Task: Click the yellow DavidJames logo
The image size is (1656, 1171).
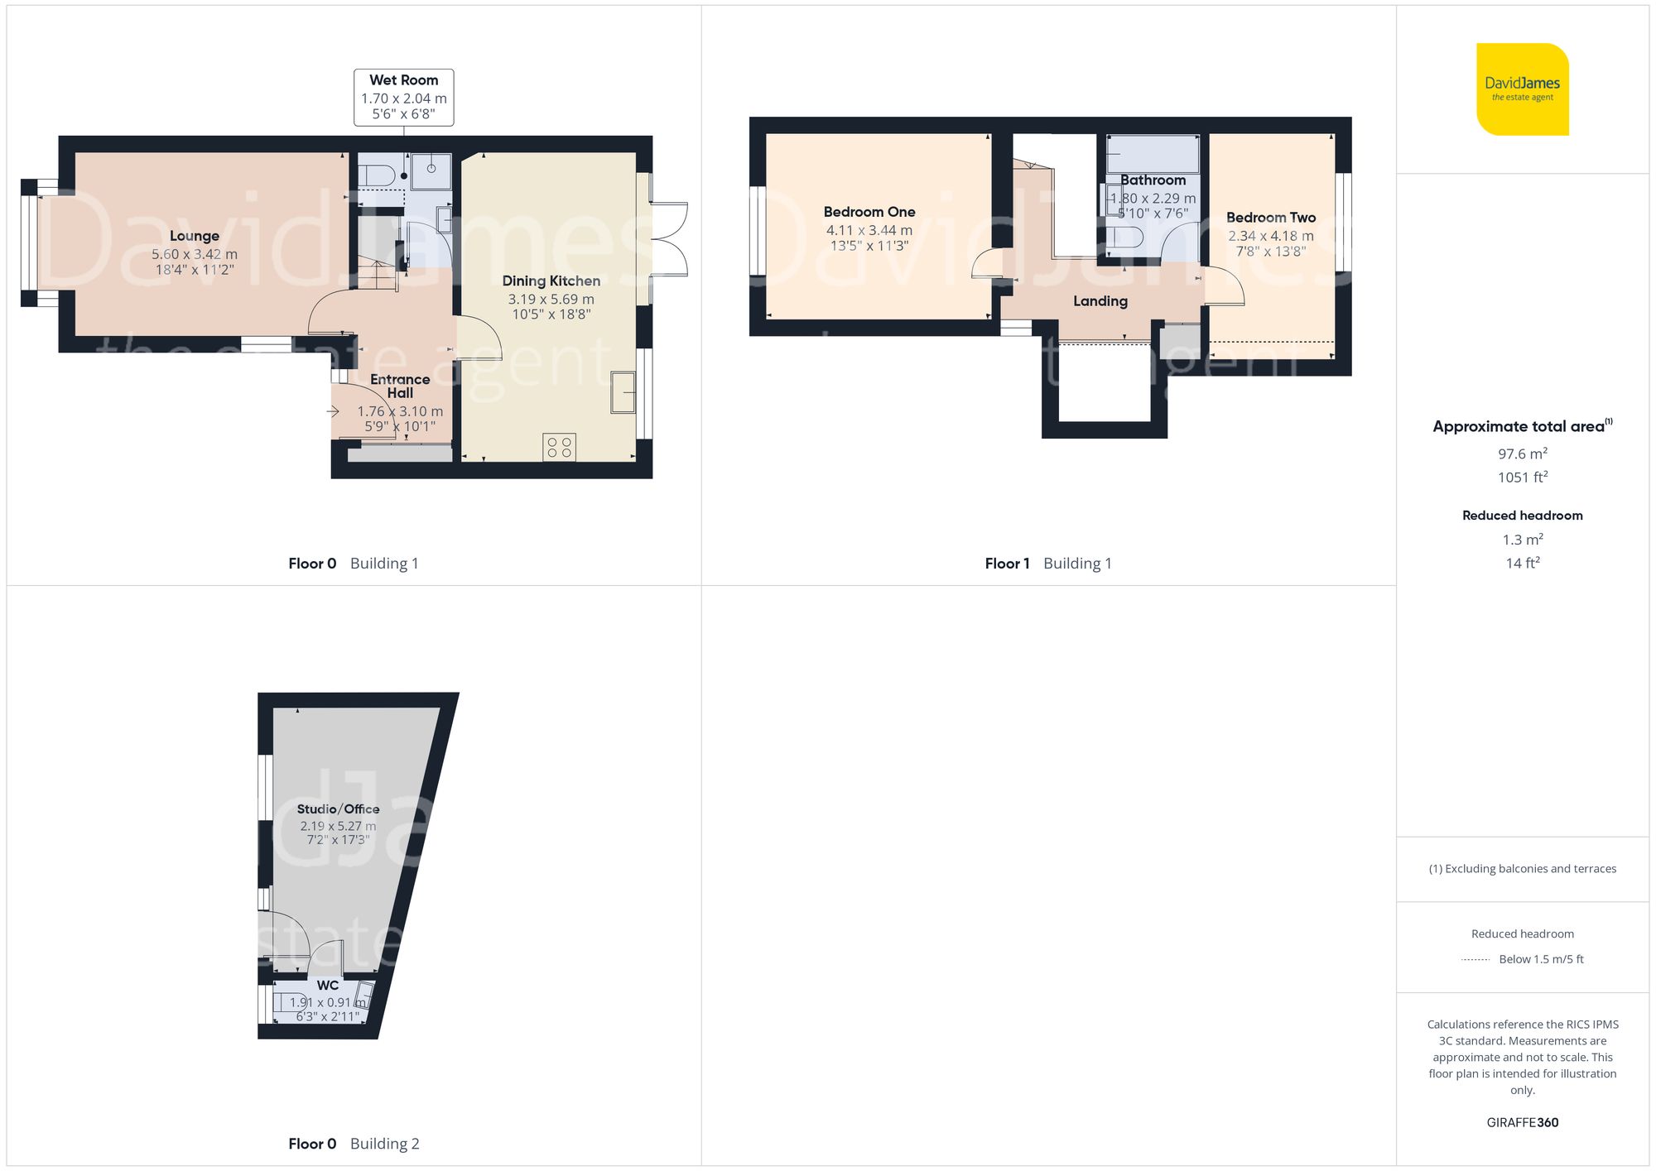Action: pyautogui.click(x=1522, y=89)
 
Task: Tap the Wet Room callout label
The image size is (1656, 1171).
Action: pyautogui.click(x=404, y=98)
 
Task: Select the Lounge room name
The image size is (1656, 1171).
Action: pyautogui.click(x=195, y=236)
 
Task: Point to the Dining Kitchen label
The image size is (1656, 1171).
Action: pyautogui.click(x=551, y=281)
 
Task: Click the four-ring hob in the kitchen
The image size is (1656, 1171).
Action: pyautogui.click(x=560, y=448)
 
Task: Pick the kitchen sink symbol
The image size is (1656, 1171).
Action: pyautogui.click(x=623, y=392)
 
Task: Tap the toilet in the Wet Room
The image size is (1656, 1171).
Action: pyautogui.click(x=378, y=175)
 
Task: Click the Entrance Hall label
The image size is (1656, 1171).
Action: pyautogui.click(x=400, y=386)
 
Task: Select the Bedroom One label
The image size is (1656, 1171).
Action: pyautogui.click(x=869, y=212)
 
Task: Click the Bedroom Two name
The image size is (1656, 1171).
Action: pyautogui.click(x=1271, y=218)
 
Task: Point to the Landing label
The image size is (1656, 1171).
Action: pyautogui.click(x=1100, y=301)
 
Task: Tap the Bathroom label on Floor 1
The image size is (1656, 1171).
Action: pyautogui.click(x=1153, y=180)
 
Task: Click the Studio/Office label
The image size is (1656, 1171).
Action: pyautogui.click(x=339, y=809)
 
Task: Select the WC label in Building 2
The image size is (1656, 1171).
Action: pyautogui.click(x=328, y=986)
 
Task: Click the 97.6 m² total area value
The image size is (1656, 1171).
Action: pyautogui.click(x=1523, y=454)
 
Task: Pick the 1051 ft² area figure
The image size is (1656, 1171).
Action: pyautogui.click(x=1523, y=477)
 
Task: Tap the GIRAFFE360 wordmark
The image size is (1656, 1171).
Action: pyautogui.click(x=1523, y=1123)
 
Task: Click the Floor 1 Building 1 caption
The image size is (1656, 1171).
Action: pyautogui.click(x=1048, y=564)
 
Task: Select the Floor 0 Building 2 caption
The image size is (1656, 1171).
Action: pyautogui.click(x=354, y=1144)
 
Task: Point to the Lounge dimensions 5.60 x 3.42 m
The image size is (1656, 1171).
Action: pyautogui.click(x=195, y=254)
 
